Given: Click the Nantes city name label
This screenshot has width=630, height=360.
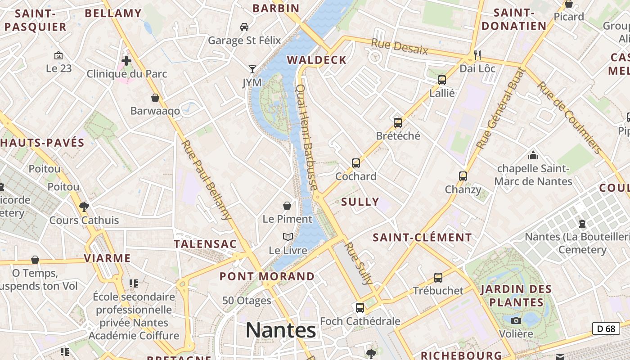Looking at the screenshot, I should (281, 331).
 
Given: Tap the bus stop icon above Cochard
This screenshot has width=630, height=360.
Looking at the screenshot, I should (356, 163).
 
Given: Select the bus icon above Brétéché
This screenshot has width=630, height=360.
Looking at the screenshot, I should (398, 122).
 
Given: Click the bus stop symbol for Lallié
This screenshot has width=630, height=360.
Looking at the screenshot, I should (442, 80).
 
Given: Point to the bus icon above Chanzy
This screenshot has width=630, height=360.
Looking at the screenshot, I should (463, 176).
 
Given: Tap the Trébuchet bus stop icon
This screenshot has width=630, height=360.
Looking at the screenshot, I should (438, 278).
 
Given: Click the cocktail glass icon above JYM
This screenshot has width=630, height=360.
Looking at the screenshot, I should (252, 69).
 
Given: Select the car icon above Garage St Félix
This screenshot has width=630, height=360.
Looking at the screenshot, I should (244, 27).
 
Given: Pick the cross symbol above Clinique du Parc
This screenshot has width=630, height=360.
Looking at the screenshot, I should (126, 60).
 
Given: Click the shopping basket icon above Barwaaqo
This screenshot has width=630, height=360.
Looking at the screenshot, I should (155, 98).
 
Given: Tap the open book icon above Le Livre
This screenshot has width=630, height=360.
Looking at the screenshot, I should (288, 237).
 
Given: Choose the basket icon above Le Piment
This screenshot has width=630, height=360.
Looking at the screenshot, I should (287, 206).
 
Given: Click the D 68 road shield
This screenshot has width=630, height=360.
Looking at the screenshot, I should (606, 328).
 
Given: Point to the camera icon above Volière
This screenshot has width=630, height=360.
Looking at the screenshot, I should (516, 320).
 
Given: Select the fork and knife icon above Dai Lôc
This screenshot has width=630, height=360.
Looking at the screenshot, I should (477, 55).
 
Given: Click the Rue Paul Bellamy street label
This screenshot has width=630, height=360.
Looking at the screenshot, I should (207, 180).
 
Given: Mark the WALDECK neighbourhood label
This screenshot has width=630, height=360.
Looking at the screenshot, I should (317, 60).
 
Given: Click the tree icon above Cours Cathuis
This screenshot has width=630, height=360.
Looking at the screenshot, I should (84, 207).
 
